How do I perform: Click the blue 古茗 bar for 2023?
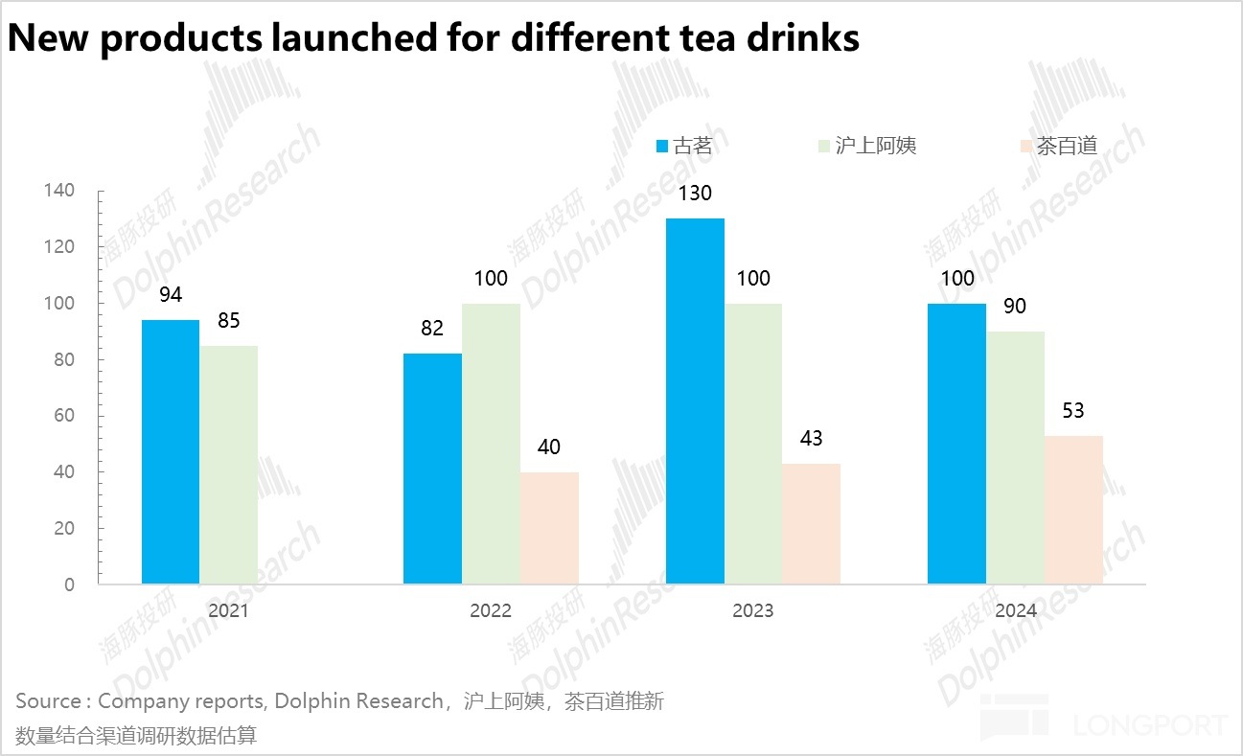pos(695,401)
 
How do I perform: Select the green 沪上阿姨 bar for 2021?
pos(228,465)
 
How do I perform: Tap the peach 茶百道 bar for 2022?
pos(549,528)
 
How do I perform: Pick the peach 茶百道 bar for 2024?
pos(1073,510)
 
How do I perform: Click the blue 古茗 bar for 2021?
pos(171,452)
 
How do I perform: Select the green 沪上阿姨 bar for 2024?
pos(1015,458)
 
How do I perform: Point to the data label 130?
pos(695,194)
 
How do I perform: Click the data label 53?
pos(1073,410)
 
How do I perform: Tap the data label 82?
pos(432,329)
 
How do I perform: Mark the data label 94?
pos(171,294)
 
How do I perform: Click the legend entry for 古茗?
pos(684,147)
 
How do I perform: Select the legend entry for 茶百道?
pos(1058,147)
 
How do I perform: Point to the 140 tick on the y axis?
pos(59,191)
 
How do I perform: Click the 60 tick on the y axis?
pos(63,416)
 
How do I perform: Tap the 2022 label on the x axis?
pos(491,610)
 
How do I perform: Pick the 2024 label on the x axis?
pos(1015,610)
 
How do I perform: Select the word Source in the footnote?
pos(48,701)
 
